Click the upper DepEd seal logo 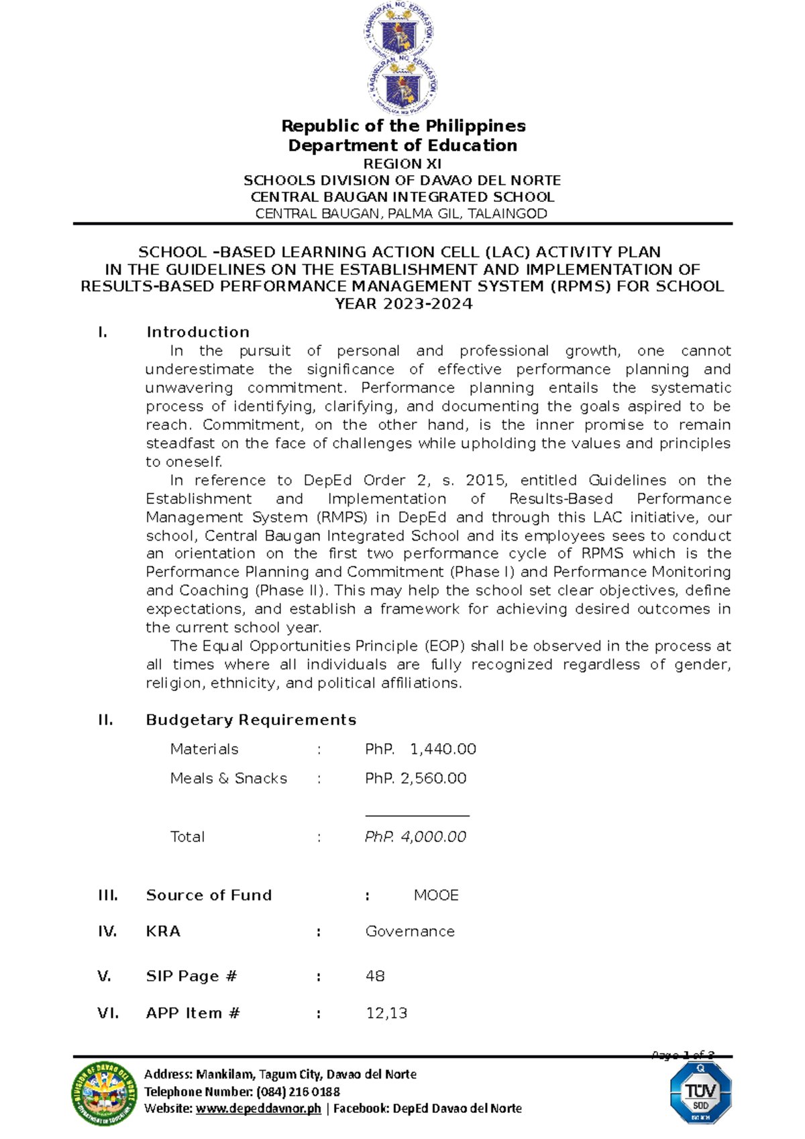[x=400, y=31]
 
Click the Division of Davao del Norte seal [x=105, y=1093]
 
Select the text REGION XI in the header [x=402, y=164]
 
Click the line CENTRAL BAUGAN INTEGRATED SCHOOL [x=402, y=197]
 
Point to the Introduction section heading [x=197, y=332]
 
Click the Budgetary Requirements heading [x=251, y=720]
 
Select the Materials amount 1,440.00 [x=443, y=749]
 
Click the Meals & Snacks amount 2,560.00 [x=433, y=779]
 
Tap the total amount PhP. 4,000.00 [x=415, y=837]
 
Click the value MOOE [x=436, y=896]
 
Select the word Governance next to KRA [x=410, y=932]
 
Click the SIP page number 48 [x=375, y=977]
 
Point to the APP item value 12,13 [x=386, y=1014]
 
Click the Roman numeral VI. [x=107, y=1014]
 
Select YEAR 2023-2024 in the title [x=403, y=304]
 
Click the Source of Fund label [x=209, y=896]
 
